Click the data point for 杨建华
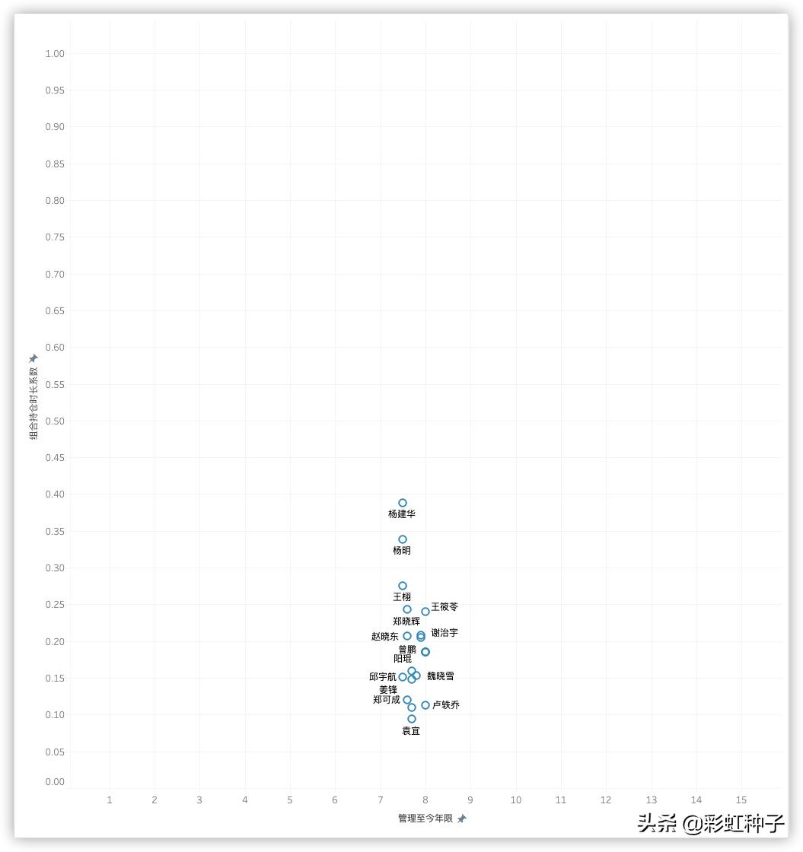click(x=403, y=503)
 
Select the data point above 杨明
click(x=403, y=539)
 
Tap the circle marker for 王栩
click(x=403, y=586)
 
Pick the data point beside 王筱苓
click(x=425, y=612)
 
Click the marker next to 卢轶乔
click(x=425, y=705)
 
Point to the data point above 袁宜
click(x=412, y=719)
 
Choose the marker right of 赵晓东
click(x=407, y=636)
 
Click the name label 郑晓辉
click(x=406, y=622)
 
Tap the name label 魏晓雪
click(x=441, y=676)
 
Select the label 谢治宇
click(x=445, y=633)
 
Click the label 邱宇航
click(x=383, y=677)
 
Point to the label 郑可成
click(x=387, y=700)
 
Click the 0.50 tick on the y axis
click(x=55, y=421)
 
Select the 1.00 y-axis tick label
click(x=55, y=54)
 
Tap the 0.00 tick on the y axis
click(x=55, y=782)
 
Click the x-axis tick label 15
click(x=741, y=800)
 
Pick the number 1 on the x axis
click(x=110, y=800)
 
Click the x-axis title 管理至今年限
click(x=425, y=819)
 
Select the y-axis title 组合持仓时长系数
click(x=33, y=403)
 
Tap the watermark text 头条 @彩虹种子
click(x=711, y=823)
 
